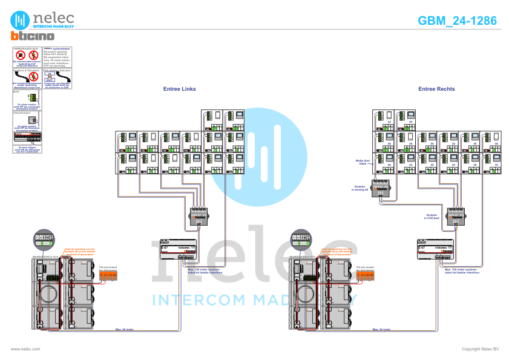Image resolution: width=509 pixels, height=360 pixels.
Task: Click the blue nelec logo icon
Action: [x=20, y=19]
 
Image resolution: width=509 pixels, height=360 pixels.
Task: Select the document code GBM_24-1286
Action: [x=457, y=21]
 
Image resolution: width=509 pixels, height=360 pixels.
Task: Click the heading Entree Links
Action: [x=180, y=89]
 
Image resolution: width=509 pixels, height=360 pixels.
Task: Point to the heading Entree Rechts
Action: [x=436, y=89]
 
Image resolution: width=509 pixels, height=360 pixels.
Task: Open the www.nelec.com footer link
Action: [x=26, y=349]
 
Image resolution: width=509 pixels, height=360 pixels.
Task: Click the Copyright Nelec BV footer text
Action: [x=480, y=349]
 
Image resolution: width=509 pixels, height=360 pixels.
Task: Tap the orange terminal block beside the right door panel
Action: [x=365, y=275]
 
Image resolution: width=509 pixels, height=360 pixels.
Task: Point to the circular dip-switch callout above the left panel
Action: [x=44, y=238]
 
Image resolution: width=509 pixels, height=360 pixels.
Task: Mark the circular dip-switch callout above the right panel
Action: [x=301, y=238]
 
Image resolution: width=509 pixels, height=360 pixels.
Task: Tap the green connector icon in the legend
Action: [x=32, y=97]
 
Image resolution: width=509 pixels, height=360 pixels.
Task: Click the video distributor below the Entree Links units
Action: [x=199, y=216]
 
